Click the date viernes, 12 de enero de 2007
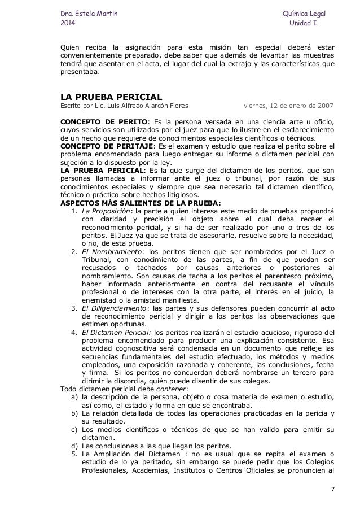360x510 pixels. [x=287, y=105]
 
